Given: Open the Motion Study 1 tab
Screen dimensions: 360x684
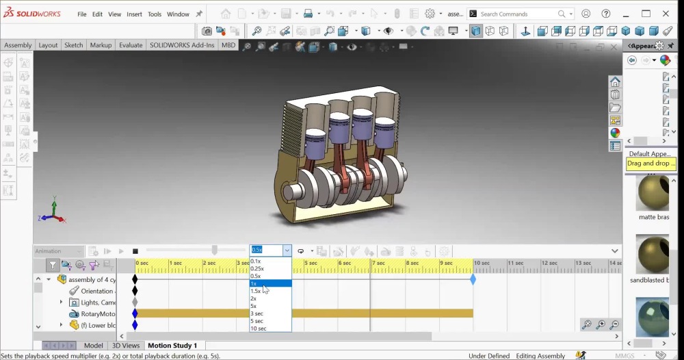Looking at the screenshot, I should (x=172, y=346).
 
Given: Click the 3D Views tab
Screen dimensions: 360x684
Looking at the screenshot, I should (x=126, y=346).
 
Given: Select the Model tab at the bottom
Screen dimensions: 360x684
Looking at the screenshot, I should (x=93, y=346).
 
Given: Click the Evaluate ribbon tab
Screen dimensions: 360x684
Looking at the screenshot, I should (x=131, y=45).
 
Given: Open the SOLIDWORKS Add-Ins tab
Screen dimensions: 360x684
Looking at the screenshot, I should (x=181, y=45).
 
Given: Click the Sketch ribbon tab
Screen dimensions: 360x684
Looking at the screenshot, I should (x=73, y=45).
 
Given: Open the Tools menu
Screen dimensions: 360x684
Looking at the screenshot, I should (x=155, y=14).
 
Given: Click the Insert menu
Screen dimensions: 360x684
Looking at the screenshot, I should (x=134, y=14).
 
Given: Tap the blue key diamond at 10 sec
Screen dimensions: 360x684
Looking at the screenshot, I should (x=473, y=279).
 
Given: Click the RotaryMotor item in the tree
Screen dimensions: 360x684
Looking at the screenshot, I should (x=98, y=314).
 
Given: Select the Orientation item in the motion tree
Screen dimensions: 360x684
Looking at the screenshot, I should (x=96, y=291).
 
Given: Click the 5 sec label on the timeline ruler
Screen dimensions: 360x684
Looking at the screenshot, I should (x=311, y=263).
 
